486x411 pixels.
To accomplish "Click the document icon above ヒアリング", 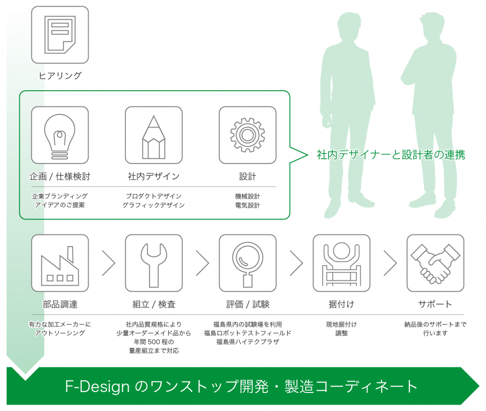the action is pos(60,35).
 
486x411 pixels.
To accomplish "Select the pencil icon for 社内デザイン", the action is pos(154,137).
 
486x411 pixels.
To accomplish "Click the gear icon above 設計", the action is pos(247,135).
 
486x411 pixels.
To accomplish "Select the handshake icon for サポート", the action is pos(435,264).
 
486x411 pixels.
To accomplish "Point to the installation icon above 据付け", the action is pos(341,264).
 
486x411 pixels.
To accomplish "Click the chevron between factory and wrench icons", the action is pos(109,263).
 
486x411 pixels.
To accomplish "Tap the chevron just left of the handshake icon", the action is pos(390,263).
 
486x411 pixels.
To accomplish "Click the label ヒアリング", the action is pos(60,76).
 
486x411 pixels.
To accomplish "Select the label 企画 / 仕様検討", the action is pos(60,176).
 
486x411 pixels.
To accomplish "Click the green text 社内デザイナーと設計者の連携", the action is pos(391,154).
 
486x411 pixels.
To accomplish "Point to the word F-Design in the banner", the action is pos(97,386).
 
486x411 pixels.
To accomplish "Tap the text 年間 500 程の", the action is pos(154,342).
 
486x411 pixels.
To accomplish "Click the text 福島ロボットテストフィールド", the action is pos(247,333).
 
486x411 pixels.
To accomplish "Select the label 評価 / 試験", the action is pos(247,304).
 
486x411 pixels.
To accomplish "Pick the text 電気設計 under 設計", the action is pos(247,205).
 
